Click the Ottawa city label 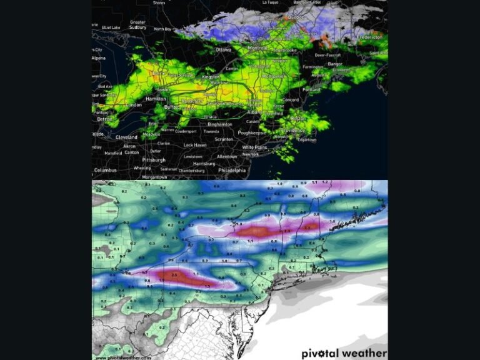click(223, 49)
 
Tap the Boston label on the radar click(297, 118)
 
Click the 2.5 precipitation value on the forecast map click(174, 275)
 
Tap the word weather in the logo click(366, 354)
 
